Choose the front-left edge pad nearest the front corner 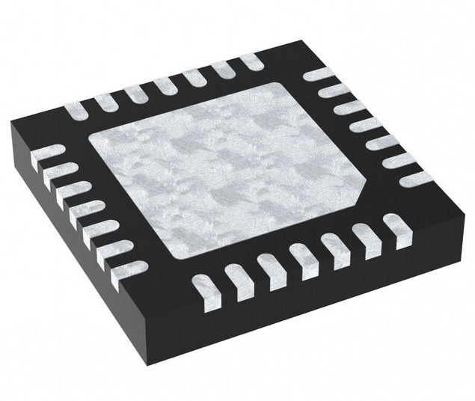(128, 270)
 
